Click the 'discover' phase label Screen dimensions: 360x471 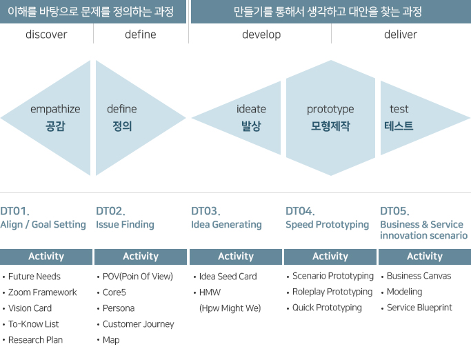point(46,34)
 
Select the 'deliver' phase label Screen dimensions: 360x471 point(400,34)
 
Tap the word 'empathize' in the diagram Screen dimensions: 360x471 point(55,109)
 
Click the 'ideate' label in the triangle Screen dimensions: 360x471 point(251,109)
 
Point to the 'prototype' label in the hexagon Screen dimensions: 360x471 point(330,109)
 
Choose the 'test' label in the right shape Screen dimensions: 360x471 point(399,109)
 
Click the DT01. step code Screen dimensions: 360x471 point(14,211)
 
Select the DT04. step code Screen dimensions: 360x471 point(300,211)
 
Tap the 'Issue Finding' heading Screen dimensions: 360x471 point(125,225)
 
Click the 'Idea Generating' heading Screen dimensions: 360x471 point(226,225)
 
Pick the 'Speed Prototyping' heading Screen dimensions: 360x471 point(327,225)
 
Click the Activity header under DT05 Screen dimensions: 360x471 point(424,257)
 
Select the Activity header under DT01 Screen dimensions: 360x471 point(46,257)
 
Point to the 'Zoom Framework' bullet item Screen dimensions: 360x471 point(43,292)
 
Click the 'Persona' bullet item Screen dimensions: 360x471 point(119,308)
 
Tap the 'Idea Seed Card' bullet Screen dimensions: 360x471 point(228,277)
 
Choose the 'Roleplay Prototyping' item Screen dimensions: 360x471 point(332,292)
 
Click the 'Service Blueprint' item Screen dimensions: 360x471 point(419,308)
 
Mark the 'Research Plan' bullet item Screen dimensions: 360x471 point(35,340)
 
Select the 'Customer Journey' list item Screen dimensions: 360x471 point(138,324)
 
